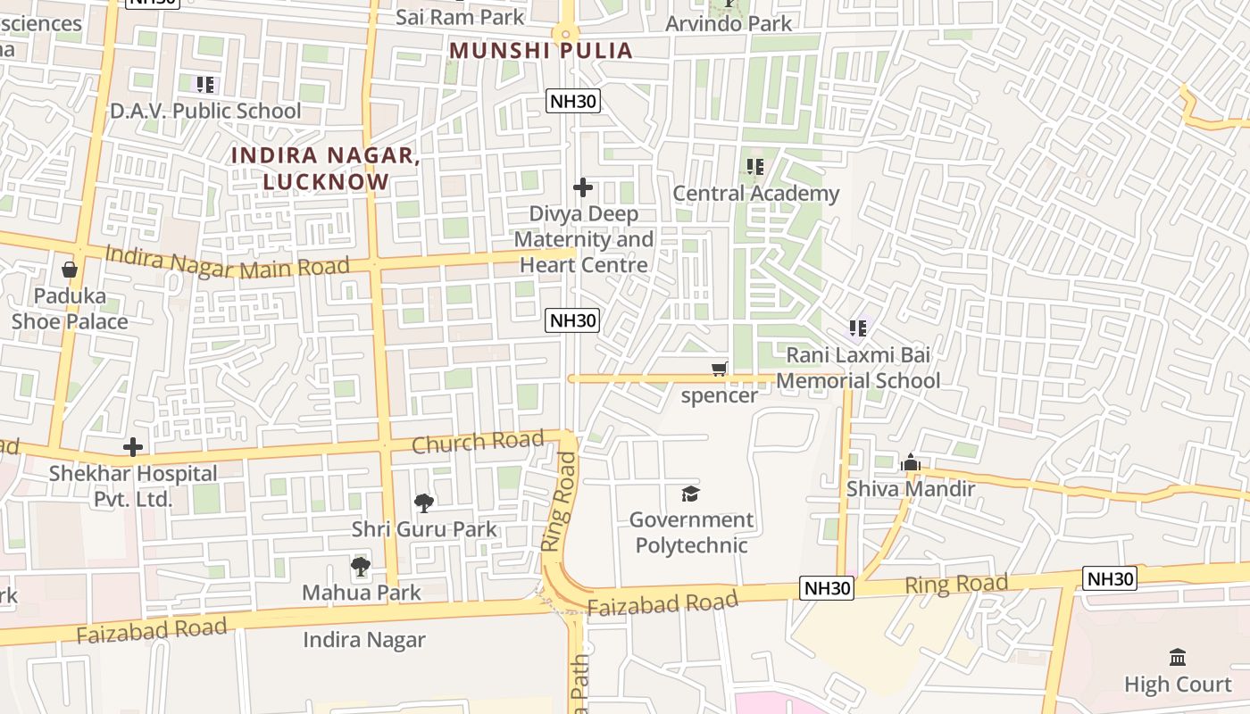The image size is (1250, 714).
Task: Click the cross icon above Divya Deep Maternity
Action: coord(583,187)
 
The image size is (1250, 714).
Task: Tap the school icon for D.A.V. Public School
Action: coord(205,86)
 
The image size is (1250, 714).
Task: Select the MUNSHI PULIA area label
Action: coord(541,50)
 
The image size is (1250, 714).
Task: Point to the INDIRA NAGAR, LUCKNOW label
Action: coord(326,168)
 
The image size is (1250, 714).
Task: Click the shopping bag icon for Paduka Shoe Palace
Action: coord(70,269)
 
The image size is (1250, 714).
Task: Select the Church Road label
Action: coord(478,441)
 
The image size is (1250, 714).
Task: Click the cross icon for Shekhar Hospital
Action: coord(133,447)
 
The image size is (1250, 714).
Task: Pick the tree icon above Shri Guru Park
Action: coord(424,503)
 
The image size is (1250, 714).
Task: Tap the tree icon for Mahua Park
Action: coord(360,567)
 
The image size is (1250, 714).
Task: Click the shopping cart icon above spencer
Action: coord(720,369)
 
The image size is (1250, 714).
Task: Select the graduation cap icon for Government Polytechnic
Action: coord(690,494)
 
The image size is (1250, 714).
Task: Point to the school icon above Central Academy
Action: coord(755,167)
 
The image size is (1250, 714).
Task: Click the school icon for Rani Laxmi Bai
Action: coord(858,328)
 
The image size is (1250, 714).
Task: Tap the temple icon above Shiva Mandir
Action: coord(911,462)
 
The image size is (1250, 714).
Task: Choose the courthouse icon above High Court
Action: coord(1178,658)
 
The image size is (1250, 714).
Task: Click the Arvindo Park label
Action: coord(729,23)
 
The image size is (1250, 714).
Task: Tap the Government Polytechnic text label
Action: coord(691,532)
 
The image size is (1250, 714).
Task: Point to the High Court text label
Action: coord(1178,685)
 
